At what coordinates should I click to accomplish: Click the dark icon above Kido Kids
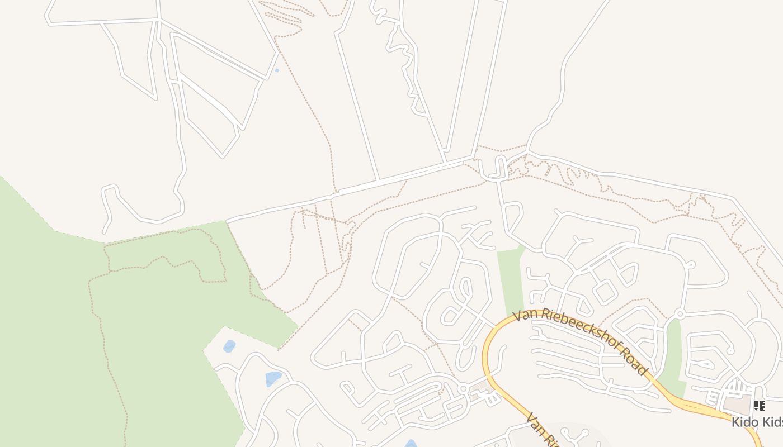759,405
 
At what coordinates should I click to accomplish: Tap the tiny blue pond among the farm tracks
277,70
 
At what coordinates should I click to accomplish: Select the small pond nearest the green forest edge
229,346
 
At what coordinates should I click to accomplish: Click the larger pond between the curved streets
273,378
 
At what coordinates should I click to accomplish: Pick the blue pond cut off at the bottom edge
411,444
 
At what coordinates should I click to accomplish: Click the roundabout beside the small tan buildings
463,388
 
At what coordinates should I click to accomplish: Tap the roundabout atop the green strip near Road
680,314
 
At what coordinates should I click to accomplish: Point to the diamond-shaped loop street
605,292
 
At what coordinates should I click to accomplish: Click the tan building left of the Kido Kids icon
737,405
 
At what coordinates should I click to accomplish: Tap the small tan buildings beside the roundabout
480,387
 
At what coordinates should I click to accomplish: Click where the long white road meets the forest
227,221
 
